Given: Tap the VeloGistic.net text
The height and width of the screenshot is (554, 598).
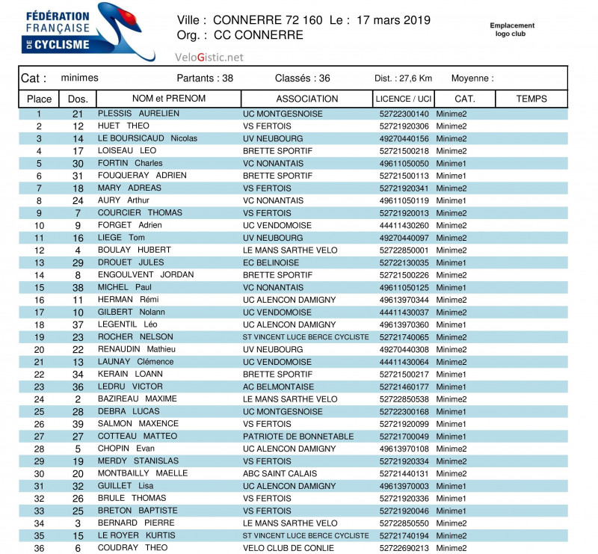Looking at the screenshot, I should tap(209, 58).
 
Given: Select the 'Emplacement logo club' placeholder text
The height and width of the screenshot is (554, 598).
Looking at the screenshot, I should tap(512, 29).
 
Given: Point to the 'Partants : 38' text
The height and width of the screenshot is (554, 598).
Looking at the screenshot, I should tap(205, 79).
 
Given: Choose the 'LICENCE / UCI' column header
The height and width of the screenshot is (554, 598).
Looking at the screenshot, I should tap(404, 99).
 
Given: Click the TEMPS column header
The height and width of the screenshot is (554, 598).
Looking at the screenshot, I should tap(531, 99).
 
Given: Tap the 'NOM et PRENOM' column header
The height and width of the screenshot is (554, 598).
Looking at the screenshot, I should tap(168, 99).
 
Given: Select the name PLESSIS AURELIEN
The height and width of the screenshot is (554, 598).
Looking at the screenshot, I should tap(138, 114).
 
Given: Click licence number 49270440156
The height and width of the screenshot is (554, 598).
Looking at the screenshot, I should tap(404, 138).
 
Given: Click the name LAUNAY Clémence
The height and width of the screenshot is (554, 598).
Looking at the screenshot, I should tap(135, 362).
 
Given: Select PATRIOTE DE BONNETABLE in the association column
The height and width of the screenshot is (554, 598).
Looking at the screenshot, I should tap(298, 437).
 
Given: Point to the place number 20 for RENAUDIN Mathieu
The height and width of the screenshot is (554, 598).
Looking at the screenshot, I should tap(39, 349).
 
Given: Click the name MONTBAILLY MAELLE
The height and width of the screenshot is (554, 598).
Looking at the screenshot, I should tap(143, 473).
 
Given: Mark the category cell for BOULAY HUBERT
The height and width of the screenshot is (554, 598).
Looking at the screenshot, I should tap(451, 250).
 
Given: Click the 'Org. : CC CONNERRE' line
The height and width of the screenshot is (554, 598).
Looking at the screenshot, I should tap(240, 35).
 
